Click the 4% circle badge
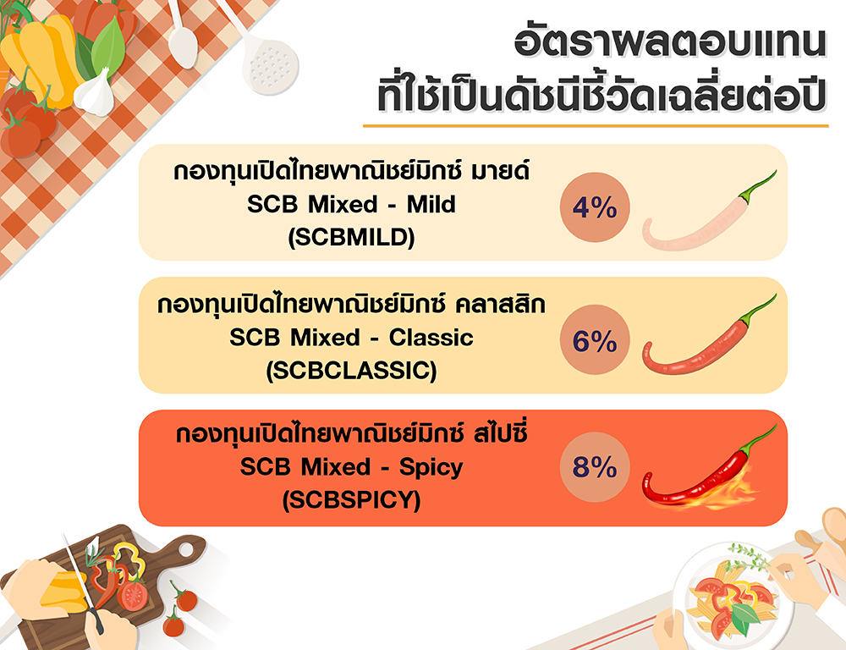tap(595, 207)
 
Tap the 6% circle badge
tap(595, 339)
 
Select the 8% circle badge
tap(595, 467)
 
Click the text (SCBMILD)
tap(351, 237)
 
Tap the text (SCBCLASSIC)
tap(351, 371)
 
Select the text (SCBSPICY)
tap(351, 500)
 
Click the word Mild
tap(431, 204)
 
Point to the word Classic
tap(431, 338)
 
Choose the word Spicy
tap(431, 467)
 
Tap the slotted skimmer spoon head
tap(270, 68)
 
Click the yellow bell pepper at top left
tap(41, 59)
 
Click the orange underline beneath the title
tap(596, 126)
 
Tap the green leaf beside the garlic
tap(108, 46)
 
